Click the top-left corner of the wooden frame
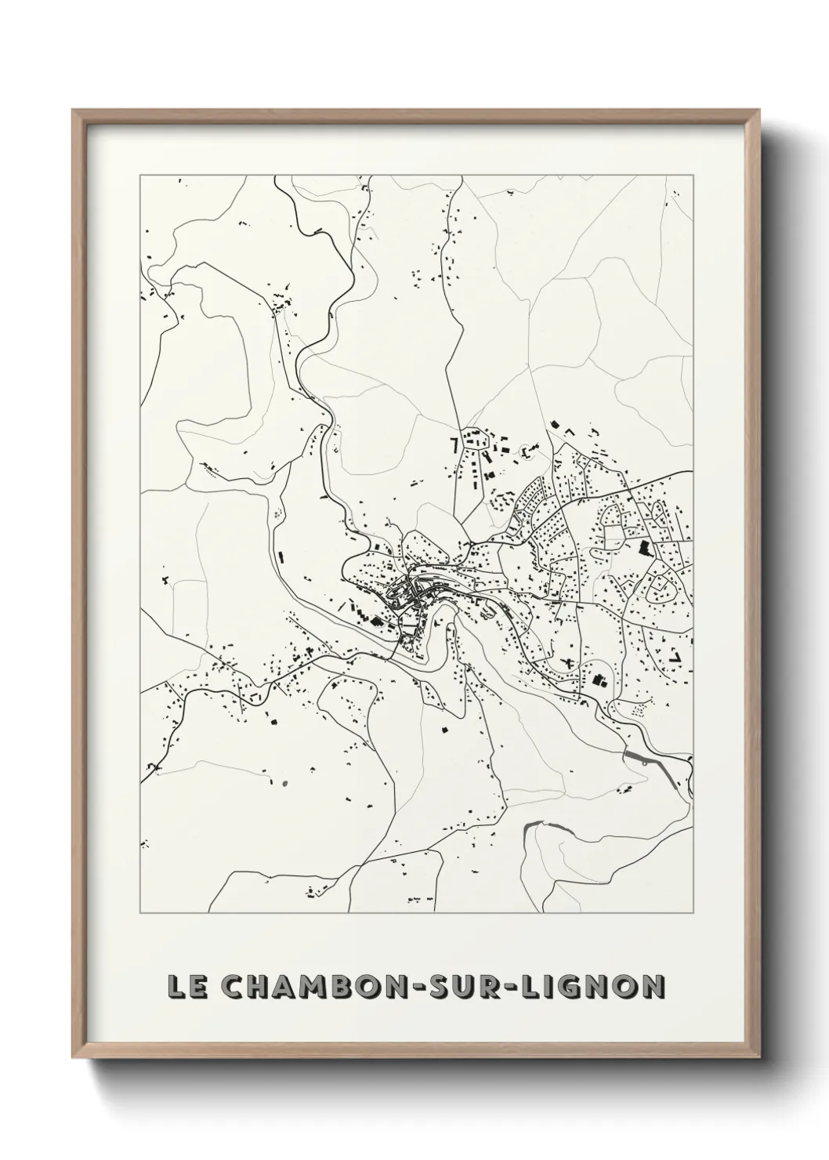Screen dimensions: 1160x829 (74, 111)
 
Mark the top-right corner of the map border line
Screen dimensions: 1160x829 (693, 176)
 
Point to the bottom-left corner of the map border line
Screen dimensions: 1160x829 (140, 913)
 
